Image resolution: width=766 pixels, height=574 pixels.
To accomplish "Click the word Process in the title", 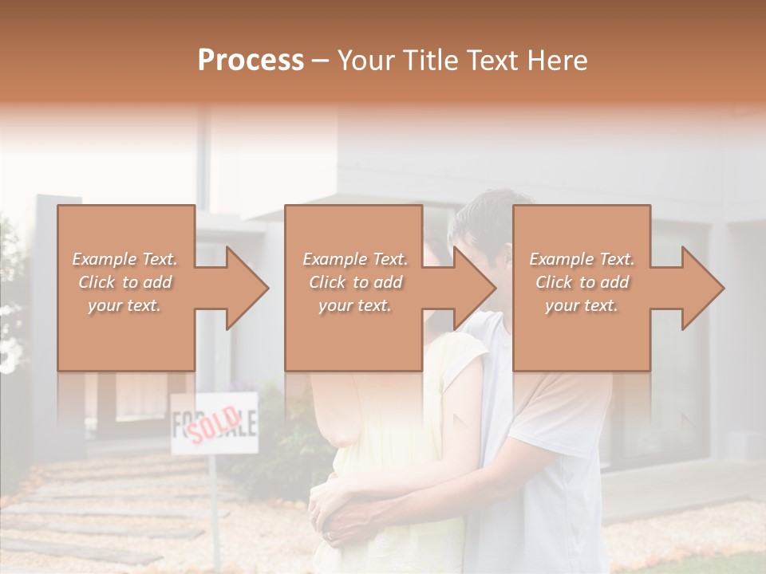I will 251,60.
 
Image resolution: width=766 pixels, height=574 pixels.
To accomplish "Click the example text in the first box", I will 125,282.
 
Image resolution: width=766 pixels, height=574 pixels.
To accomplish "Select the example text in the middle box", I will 355,282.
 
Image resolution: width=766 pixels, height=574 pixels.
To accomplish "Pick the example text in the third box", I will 582,282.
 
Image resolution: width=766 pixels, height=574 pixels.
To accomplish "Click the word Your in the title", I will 365,60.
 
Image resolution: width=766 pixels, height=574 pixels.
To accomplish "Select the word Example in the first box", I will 105,259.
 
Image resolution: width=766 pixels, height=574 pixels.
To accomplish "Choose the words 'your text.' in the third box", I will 582,305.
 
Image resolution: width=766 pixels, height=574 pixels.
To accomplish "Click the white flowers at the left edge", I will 10,351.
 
